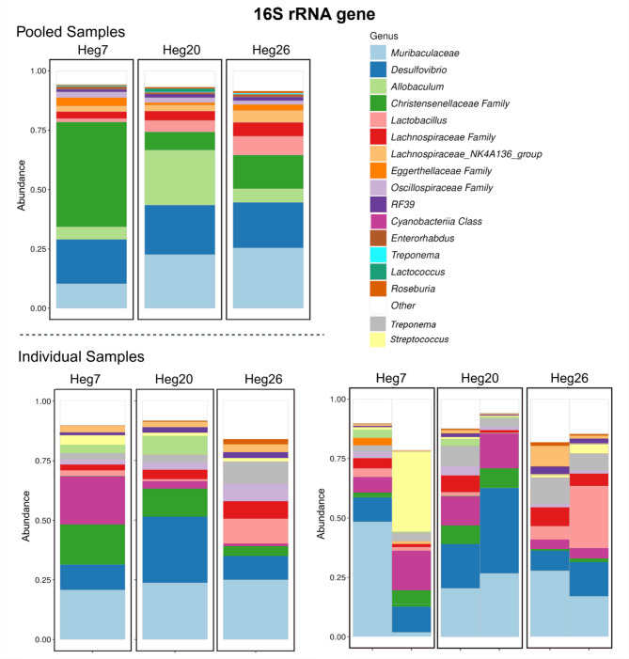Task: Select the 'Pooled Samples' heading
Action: tap(76, 32)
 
